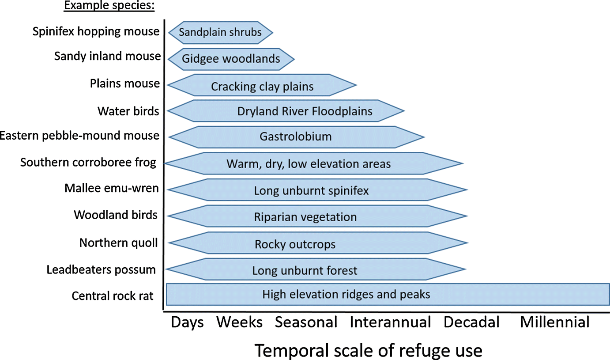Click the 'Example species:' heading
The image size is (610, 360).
(109, 5)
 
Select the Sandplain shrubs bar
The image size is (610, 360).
(221, 32)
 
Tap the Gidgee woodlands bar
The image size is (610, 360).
(231, 59)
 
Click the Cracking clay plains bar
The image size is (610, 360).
(262, 85)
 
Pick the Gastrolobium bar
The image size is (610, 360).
(296, 137)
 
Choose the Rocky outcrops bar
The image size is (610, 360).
(318, 243)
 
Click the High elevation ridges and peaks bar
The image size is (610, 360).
(388, 294)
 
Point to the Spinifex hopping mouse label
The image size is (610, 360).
(96, 31)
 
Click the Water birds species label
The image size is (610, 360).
(128, 111)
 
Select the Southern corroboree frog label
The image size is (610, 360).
(88, 163)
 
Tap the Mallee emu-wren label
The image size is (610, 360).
(111, 188)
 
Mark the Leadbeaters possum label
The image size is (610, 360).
(101, 269)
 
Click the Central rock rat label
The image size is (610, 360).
(113, 296)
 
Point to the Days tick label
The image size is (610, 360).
(187, 322)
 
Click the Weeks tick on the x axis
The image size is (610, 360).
(239, 322)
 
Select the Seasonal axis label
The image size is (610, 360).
(306, 322)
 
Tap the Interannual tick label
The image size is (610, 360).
(390, 322)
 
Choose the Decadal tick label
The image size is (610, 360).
(471, 322)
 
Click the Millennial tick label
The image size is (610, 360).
(555, 322)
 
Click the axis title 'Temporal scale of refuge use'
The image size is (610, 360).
(369, 350)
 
